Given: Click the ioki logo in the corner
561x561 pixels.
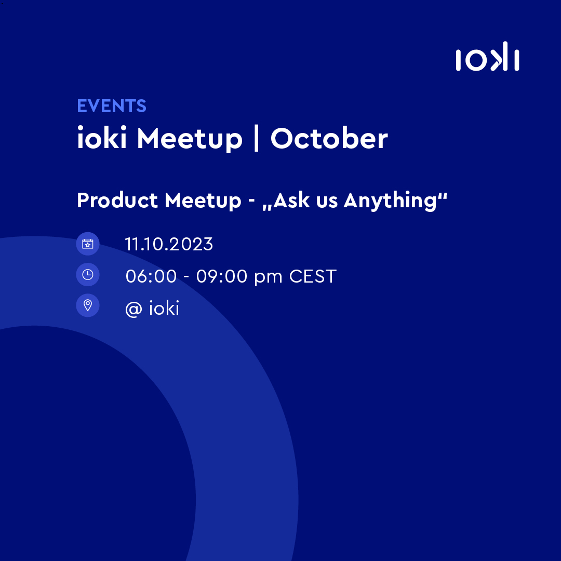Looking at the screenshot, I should (x=487, y=59).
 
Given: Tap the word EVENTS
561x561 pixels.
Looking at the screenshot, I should (x=112, y=106).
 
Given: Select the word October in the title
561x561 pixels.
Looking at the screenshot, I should (x=329, y=139).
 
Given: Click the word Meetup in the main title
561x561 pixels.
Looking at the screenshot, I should (x=190, y=139).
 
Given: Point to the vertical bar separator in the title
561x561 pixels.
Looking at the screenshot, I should (x=256, y=139).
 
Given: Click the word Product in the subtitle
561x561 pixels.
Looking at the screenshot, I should (x=117, y=201).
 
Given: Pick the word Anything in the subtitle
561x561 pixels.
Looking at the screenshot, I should (x=391, y=201).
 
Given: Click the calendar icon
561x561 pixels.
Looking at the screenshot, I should (x=88, y=244).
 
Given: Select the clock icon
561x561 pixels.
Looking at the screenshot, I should (x=88, y=275).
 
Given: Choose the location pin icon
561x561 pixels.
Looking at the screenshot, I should (x=88, y=305).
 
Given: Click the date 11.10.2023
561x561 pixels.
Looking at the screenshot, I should (x=169, y=244).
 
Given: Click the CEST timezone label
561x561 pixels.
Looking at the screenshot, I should (x=313, y=276).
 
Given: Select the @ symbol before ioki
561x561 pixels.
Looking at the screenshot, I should (x=133, y=309).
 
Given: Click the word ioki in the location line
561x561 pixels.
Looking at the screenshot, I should (x=164, y=308).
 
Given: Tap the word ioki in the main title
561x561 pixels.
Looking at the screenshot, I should (x=102, y=139).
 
